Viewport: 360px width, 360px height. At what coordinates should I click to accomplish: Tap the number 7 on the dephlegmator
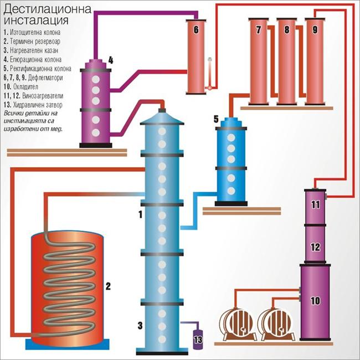point(259,30)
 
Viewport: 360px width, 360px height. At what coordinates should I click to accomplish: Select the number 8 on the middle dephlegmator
point(286,30)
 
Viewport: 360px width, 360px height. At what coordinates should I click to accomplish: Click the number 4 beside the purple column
point(111,60)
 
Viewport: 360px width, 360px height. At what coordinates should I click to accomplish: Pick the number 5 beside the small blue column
point(216,119)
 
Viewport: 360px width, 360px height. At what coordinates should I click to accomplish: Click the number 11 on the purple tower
point(315,205)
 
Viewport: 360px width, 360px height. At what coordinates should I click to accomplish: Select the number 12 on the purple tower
point(315,246)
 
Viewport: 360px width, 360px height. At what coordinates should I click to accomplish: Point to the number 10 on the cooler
point(315,301)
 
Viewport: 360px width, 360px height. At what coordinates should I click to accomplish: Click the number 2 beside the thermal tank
point(109,286)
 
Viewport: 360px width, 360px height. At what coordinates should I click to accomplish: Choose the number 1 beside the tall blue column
point(141,213)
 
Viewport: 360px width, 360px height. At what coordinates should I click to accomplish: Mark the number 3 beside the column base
point(141,325)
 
